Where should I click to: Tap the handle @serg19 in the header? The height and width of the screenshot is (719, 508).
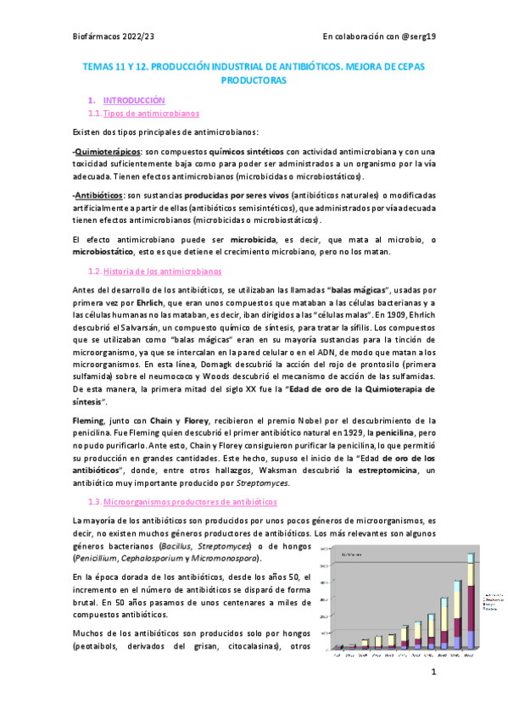(415, 36)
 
